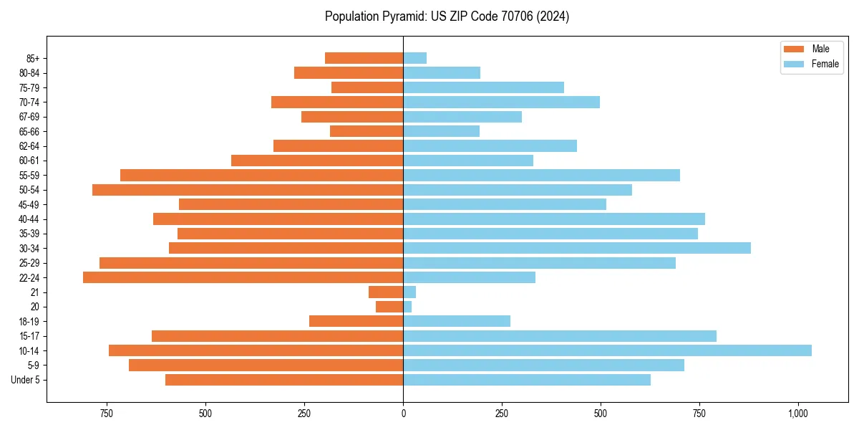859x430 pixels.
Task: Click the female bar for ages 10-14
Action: click(x=607, y=350)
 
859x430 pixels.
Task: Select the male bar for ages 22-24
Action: click(x=243, y=277)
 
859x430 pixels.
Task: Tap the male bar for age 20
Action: click(x=389, y=307)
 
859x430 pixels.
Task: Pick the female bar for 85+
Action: click(x=415, y=58)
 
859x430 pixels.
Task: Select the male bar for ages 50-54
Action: click(x=248, y=190)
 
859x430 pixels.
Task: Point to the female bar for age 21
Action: click(x=409, y=292)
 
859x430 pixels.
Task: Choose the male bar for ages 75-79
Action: click(x=367, y=87)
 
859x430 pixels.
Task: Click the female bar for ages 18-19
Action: click(x=457, y=321)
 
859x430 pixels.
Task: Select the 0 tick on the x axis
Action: click(x=403, y=414)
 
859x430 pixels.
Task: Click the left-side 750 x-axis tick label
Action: click(x=107, y=414)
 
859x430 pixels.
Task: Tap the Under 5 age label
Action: click(x=26, y=380)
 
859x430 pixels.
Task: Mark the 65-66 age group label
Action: click(x=29, y=131)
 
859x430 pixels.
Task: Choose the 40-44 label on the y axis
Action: click(x=29, y=219)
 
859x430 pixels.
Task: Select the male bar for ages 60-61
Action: click(x=317, y=161)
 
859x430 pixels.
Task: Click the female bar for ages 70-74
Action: click(x=501, y=102)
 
